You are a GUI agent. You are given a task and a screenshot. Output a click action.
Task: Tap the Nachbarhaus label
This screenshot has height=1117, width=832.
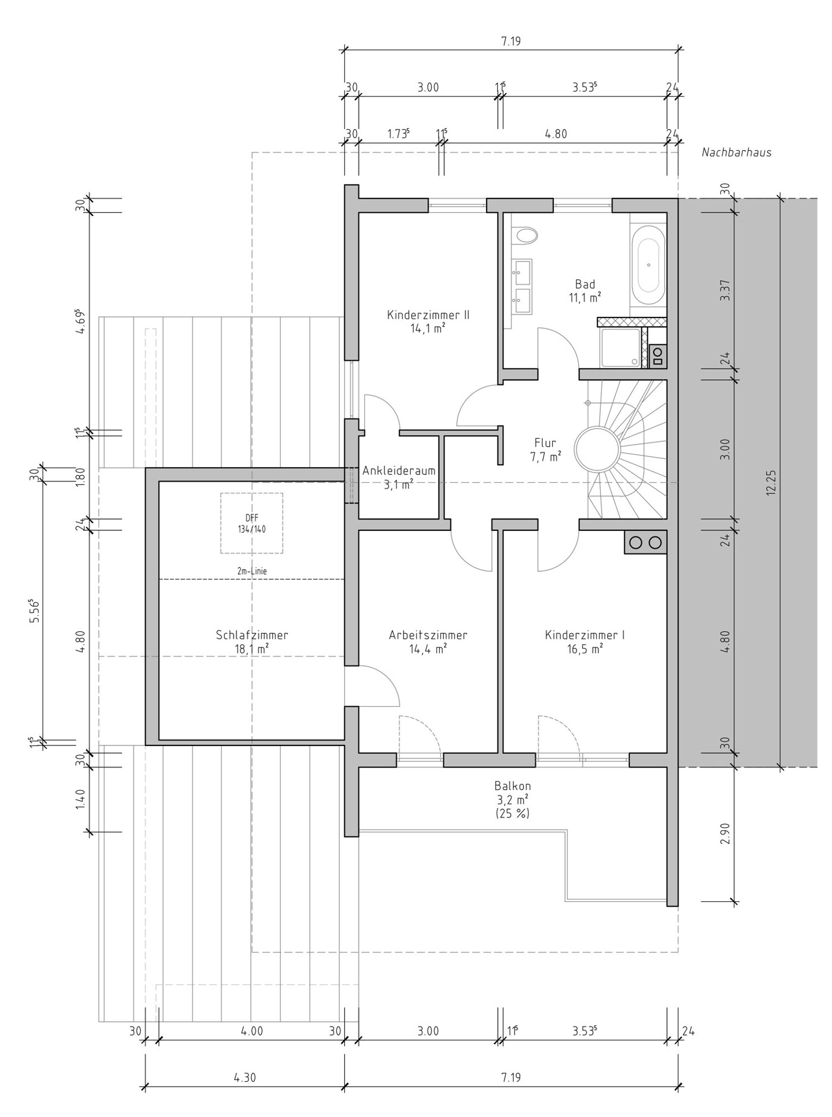[x=736, y=152]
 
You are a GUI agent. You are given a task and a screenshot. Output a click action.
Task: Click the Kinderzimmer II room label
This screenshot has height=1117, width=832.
[x=428, y=315]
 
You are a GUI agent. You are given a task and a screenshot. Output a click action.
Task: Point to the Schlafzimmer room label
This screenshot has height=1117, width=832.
[x=252, y=635]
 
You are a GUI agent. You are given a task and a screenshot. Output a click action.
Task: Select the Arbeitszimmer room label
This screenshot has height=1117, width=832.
[x=428, y=635]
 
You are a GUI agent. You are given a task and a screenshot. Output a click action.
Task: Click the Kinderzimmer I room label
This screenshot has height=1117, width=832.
[x=585, y=635]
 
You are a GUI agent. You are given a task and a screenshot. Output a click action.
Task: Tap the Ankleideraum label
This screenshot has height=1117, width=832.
[x=399, y=471]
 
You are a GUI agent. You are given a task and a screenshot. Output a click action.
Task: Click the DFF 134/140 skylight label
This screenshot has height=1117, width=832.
[x=252, y=524]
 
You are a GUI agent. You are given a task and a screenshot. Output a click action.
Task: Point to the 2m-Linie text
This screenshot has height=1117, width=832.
[x=252, y=571]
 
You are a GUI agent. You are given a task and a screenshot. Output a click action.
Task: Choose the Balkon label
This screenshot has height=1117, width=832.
[x=512, y=786]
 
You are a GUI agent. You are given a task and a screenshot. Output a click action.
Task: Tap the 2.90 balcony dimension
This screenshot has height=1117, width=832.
[x=724, y=834]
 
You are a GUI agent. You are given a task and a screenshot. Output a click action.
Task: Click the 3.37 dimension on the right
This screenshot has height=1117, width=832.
[x=724, y=290]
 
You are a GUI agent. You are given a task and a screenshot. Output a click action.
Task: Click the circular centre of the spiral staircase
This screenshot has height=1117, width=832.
[x=597, y=449]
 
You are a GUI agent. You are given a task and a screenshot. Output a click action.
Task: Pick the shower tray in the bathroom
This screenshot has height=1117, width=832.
[x=621, y=348]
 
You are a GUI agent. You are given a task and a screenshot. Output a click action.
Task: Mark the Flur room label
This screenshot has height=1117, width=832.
[x=545, y=449]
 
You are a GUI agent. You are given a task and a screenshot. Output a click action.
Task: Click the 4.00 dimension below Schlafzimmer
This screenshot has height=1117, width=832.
[x=252, y=1031]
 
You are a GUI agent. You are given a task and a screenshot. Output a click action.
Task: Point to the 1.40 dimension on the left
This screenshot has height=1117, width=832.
[x=81, y=800]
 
